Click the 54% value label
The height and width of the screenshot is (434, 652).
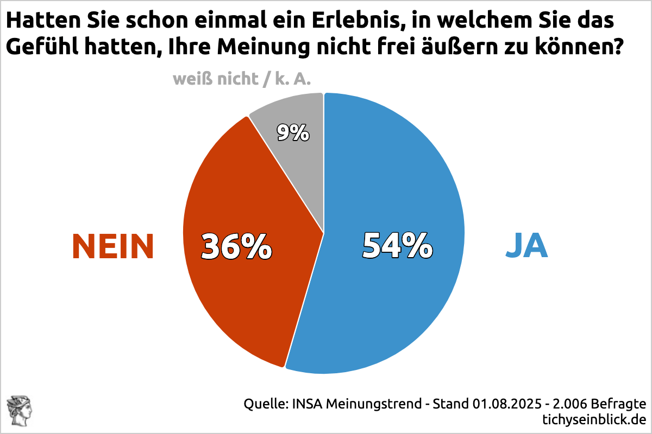(x=397, y=246)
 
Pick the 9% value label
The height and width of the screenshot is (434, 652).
(x=293, y=133)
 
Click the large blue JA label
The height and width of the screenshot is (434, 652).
(x=526, y=246)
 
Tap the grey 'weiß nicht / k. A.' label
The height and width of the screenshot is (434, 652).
(x=242, y=79)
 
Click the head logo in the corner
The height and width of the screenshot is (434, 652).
(x=20, y=411)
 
